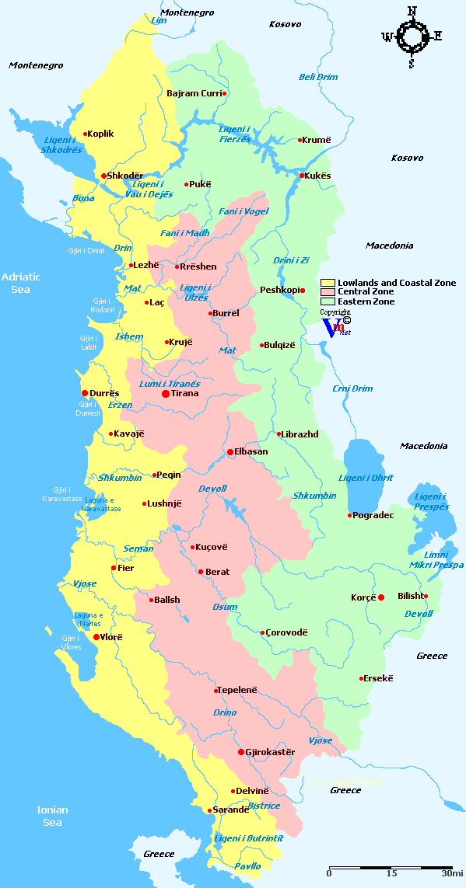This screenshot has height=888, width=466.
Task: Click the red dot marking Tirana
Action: click(x=165, y=394)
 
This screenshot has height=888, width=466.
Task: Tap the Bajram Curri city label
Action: click(x=194, y=93)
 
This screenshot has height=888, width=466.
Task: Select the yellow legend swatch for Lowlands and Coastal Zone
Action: click(x=328, y=283)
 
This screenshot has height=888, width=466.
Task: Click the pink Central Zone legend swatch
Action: click(x=328, y=292)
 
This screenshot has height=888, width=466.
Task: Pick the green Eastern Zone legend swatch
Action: click(x=328, y=301)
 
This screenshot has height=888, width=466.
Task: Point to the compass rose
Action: click(x=412, y=36)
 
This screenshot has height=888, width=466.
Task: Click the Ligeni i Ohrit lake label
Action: click(x=366, y=478)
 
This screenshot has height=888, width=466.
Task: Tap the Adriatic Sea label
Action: click(x=21, y=283)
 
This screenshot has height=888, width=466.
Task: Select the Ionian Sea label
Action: click(x=53, y=816)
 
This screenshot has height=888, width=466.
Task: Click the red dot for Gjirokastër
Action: click(x=241, y=752)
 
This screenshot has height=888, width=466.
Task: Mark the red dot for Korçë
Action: click(x=381, y=597)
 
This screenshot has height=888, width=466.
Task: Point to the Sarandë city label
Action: click(x=232, y=810)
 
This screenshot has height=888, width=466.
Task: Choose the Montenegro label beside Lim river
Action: click(x=187, y=13)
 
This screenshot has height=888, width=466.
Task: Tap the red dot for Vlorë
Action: click(x=96, y=637)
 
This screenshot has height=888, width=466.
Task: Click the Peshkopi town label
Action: click(x=279, y=291)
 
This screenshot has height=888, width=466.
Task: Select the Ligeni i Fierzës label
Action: click(x=235, y=134)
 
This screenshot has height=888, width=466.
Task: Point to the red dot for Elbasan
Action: click(x=229, y=451)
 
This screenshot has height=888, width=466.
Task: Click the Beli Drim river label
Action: click(x=318, y=77)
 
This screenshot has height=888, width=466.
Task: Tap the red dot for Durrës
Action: click(x=85, y=393)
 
